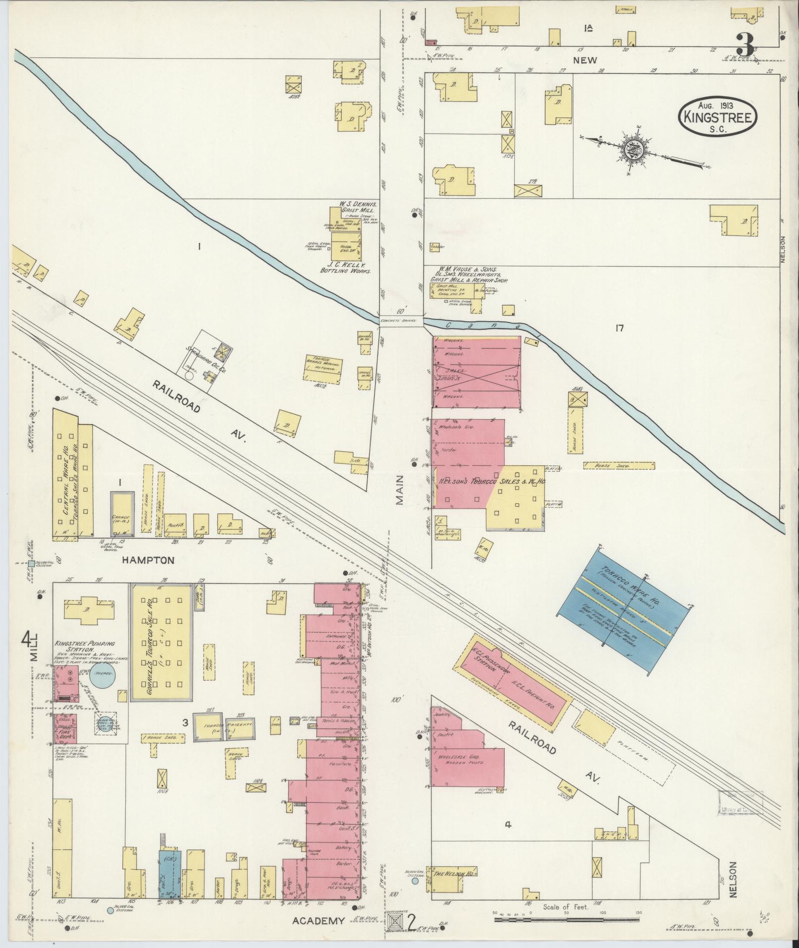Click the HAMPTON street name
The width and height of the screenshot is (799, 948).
[149, 560]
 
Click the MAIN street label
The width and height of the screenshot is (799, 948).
[400, 490]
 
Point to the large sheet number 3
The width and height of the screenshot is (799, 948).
[745, 45]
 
